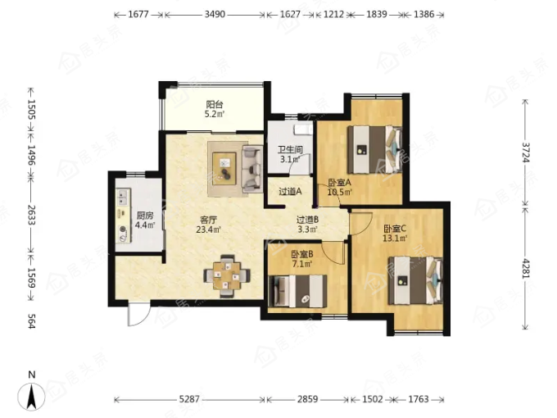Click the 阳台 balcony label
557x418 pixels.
[215, 105]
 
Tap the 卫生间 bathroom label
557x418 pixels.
[290, 150]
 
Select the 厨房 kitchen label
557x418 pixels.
[145, 216]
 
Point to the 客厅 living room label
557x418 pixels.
[209, 220]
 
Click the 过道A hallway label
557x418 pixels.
[290, 192]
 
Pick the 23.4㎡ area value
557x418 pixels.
[209, 229]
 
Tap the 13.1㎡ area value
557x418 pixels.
[395, 239]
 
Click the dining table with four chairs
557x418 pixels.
[227, 276]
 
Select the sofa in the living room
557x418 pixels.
[251, 167]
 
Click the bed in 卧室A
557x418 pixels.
[375, 150]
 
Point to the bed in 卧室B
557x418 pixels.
[298, 291]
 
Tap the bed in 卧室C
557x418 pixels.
[415, 281]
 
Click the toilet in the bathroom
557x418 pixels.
[303, 129]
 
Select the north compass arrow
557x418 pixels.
[32, 397]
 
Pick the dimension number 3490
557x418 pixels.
[215, 14]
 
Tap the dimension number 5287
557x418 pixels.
[189, 399]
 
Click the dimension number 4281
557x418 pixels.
[525, 269]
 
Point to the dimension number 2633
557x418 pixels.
[31, 215]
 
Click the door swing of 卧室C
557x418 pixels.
[360, 223]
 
